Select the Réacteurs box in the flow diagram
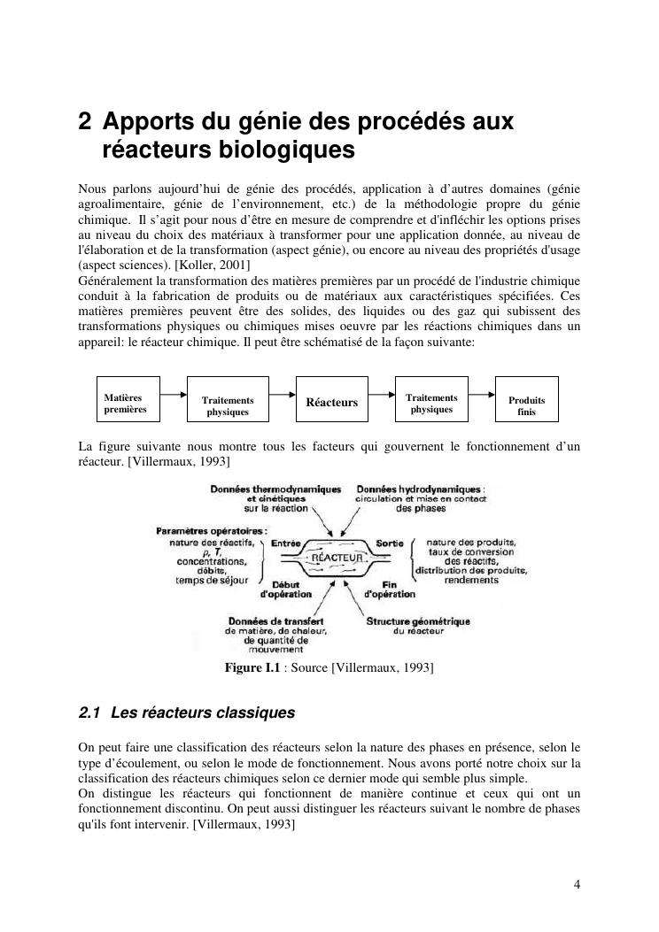[331, 403]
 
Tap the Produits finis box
[527, 405]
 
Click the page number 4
[577, 883]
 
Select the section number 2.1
[90, 712]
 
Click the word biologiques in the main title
[283, 150]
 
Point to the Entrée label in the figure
[286, 543]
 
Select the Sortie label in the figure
[390, 543]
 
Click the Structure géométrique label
[418, 620]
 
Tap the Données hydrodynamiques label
[419, 489]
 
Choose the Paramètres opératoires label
[212, 530]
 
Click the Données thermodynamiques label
[275, 489]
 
